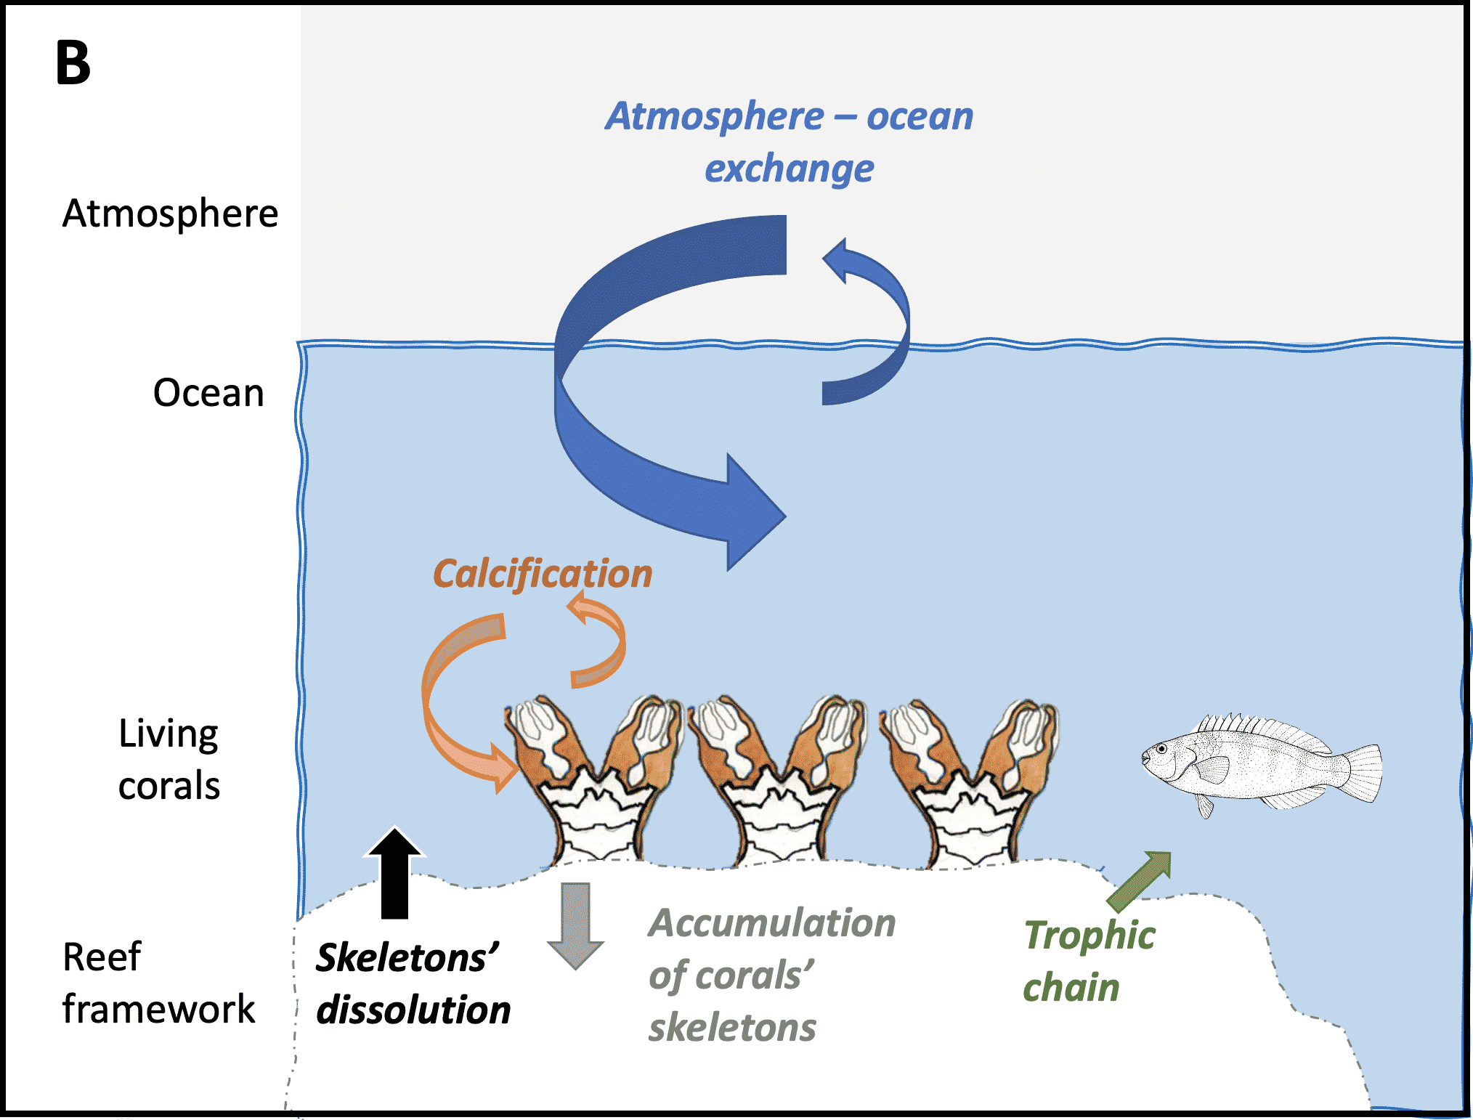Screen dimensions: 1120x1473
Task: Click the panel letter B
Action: tap(73, 63)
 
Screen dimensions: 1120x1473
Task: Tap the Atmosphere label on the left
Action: tap(170, 214)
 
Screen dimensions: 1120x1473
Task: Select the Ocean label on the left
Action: tap(208, 393)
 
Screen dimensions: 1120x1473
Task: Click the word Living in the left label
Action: tap(169, 734)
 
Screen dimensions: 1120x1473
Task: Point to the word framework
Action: tap(158, 1009)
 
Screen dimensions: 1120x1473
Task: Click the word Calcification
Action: tap(543, 574)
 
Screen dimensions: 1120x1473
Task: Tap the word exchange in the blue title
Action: tap(789, 169)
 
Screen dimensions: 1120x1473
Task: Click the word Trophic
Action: tap(1089, 936)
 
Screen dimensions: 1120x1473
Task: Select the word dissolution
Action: tap(413, 1010)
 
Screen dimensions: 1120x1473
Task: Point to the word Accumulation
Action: tap(772, 923)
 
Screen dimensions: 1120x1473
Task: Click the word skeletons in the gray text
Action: tap(732, 1028)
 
